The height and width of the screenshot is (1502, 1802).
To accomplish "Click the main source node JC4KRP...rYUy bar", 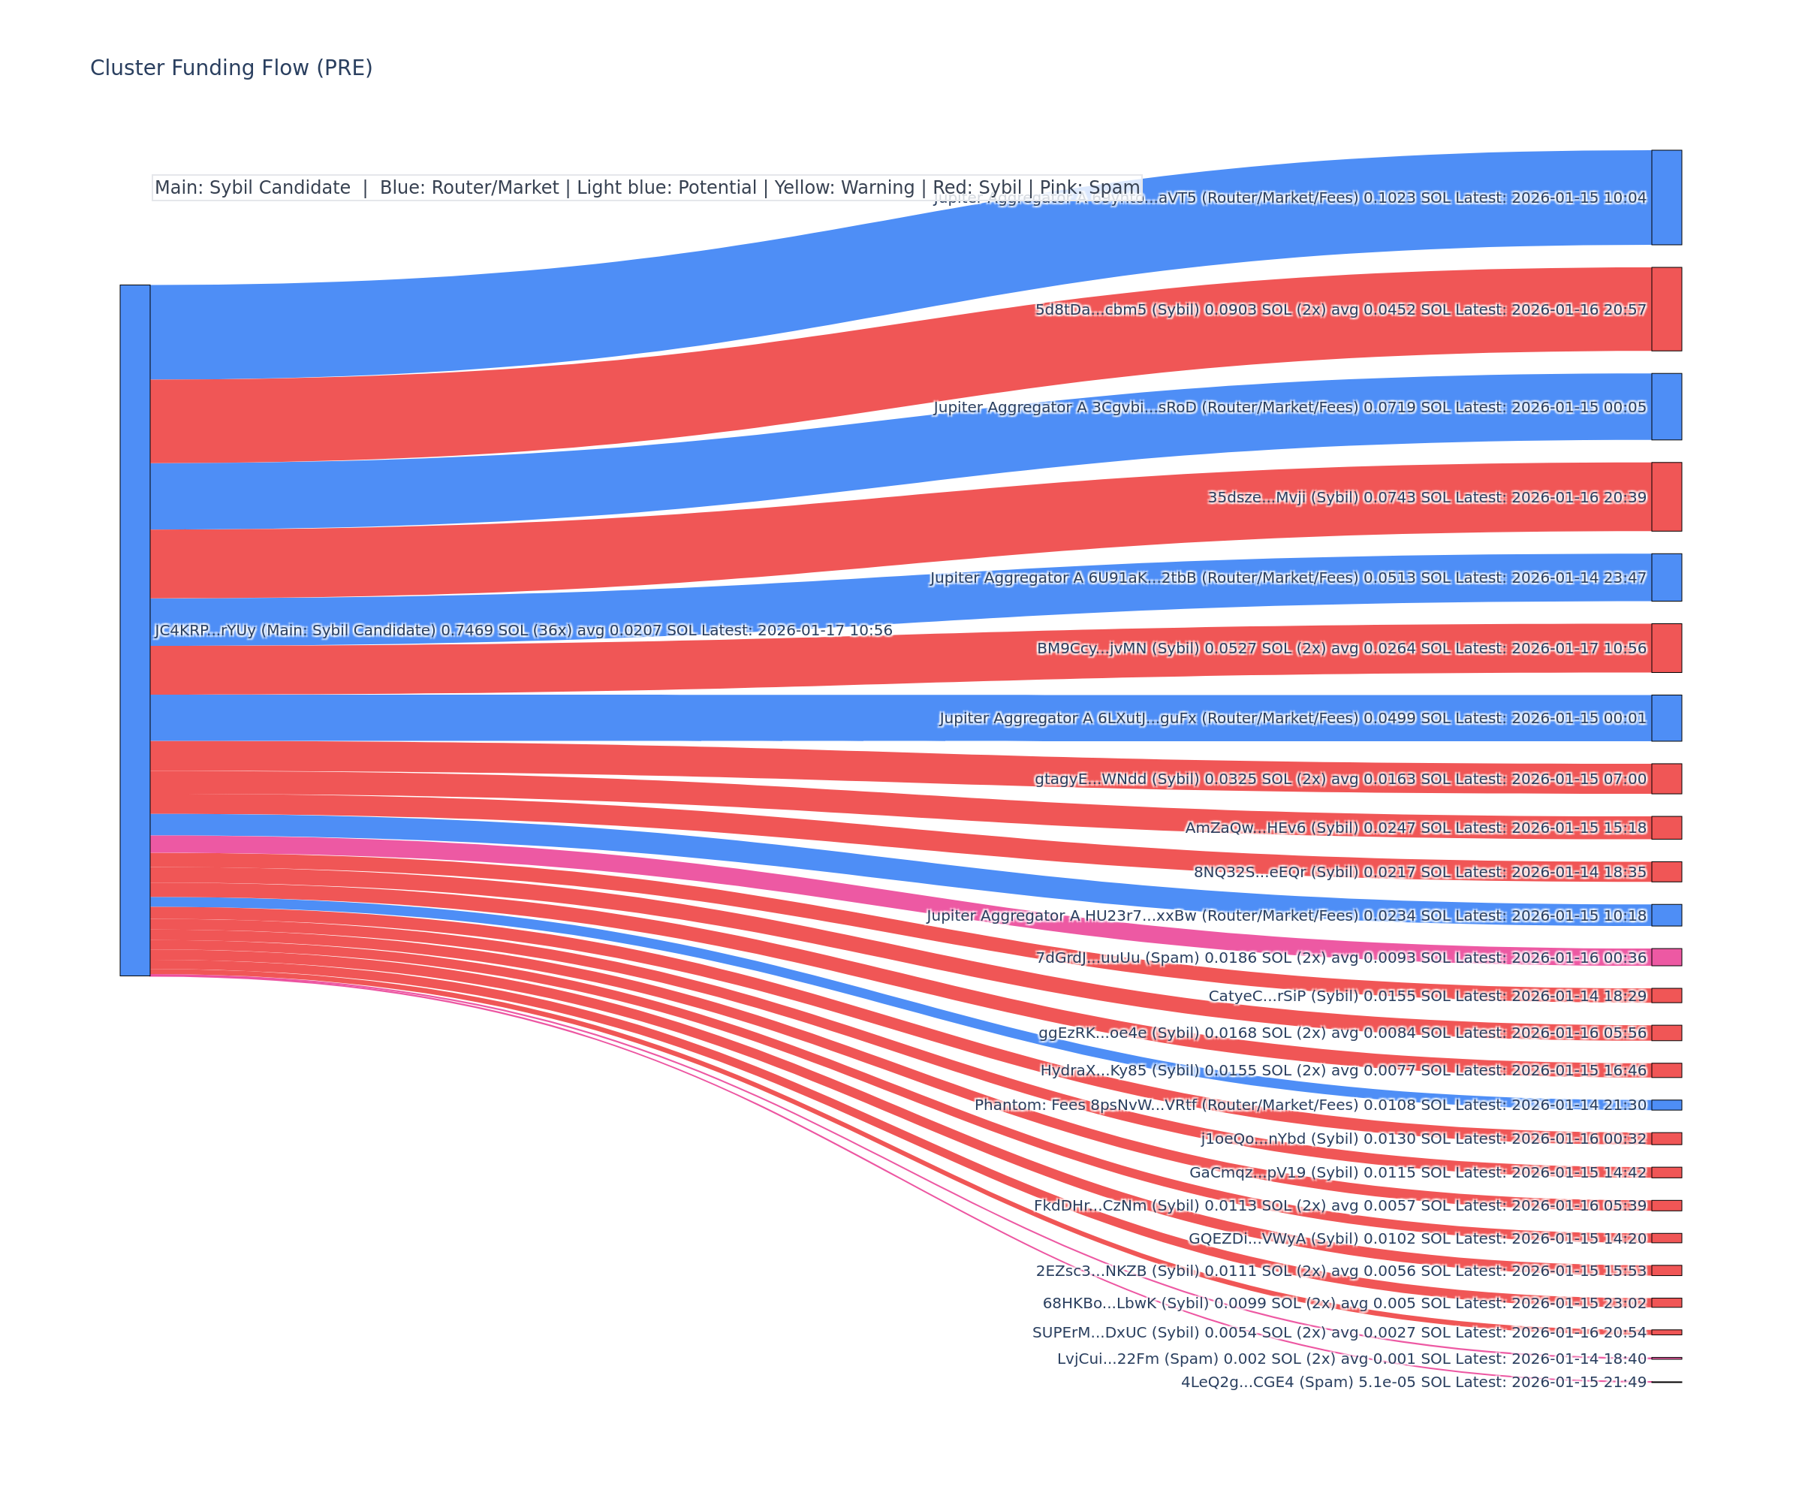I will point(134,630).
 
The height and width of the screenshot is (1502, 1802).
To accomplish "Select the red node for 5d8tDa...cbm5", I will point(1666,309).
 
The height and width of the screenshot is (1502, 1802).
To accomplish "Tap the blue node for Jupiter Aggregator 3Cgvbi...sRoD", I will point(1666,407).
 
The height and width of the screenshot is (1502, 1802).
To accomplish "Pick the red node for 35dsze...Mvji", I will point(1666,497).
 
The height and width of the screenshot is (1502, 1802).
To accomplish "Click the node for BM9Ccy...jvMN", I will point(1666,648).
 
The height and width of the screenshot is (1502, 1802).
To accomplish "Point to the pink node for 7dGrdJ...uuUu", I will point(1666,957).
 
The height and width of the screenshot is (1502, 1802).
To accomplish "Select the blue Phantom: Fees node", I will point(1666,1105).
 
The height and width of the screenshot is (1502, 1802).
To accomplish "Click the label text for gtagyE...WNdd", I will point(1340,780).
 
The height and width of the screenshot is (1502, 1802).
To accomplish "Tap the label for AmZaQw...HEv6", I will point(1416,828).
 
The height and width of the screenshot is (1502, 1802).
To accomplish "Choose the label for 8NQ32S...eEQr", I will point(1420,872).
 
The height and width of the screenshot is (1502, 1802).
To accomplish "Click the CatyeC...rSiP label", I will point(1428,996).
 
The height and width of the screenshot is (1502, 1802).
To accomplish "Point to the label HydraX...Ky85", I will point(1344,1070).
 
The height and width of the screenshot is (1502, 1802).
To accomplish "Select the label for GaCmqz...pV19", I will point(1418,1172).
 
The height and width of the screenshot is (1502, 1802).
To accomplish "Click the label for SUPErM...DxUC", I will point(1339,1332).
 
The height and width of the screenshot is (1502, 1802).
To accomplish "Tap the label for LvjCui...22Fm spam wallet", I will point(1351,1359).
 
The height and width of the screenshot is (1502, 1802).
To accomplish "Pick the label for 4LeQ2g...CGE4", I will point(1413,1382).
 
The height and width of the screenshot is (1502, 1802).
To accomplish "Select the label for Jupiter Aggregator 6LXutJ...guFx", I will point(1292,717).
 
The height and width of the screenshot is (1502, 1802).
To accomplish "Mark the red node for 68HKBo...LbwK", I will point(1666,1303).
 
